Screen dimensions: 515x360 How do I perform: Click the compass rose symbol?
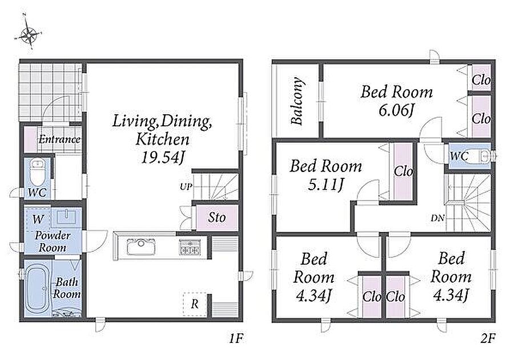pyautogui.click(x=29, y=33)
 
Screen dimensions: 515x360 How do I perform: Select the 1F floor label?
pyautogui.click(x=236, y=338)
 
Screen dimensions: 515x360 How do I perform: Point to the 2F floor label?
pyautogui.click(x=488, y=338)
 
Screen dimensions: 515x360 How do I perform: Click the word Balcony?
pyautogui.click(x=297, y=101)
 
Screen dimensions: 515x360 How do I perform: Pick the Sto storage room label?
pyautogui.click(x=217, y=217)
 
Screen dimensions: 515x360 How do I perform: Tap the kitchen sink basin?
pyautogui.click(x=141, y=247)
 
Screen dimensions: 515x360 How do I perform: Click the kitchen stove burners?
pyautogui.click(x=189, y=247)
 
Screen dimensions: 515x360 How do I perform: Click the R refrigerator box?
pyautogui.click(x=195, y=304)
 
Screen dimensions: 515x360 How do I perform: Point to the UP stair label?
pyautogui.click(x=186, y=187)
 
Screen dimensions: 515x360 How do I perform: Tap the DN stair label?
pyautogui.click(x=438, y=218)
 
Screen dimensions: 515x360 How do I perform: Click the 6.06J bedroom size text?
pyautogui.click(x=396, y=110)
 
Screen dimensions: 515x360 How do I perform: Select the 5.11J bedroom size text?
pyautogui.click(x=326, y=185)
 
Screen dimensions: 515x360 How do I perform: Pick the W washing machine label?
pyautogui.click(x=38, y=219)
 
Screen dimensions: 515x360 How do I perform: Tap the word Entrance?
pyautogui.click(x=59, y=139)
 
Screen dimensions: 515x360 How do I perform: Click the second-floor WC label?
pyautogui.click(x=459, y=156)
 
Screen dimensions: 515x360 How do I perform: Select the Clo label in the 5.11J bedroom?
pyautogui.click(x=403, y=171)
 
